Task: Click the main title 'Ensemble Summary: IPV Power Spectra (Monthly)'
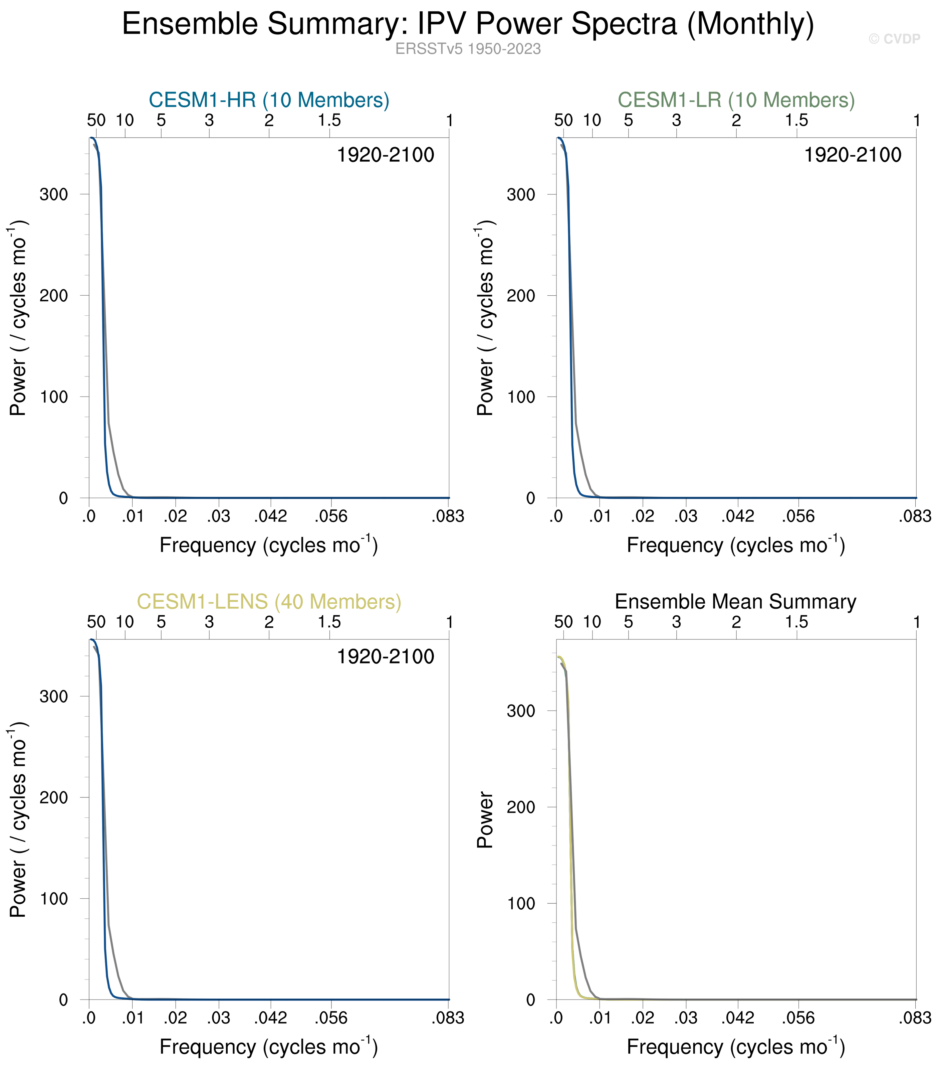(468, 24)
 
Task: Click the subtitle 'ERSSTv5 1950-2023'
(468, 49)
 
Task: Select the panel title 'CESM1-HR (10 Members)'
(269, 100)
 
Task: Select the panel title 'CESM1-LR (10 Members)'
(736, 100)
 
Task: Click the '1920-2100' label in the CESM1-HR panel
(385, 155)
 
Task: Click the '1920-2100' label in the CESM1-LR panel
(852, 155)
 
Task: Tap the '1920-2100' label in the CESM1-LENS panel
(385, 657)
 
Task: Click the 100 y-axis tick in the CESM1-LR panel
(521, 397)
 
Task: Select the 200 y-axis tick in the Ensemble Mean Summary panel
(521, 807)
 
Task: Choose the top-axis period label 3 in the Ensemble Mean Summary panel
(676, 622)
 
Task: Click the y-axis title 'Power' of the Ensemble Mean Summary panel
(485, 819)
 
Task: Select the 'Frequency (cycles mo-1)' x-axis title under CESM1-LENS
(269, 1047)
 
